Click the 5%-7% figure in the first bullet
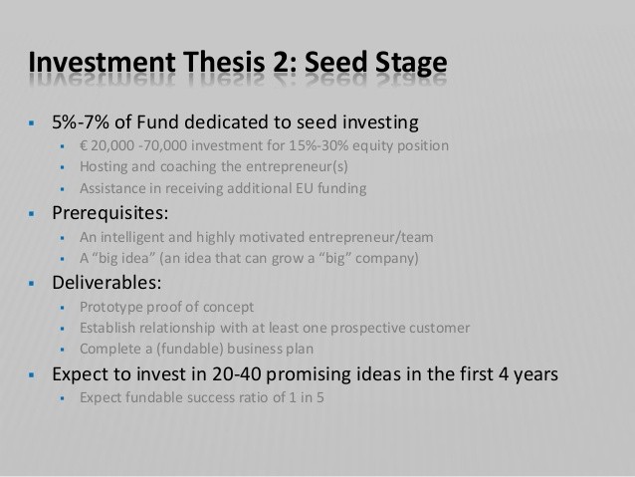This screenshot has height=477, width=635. (x=81, y=121)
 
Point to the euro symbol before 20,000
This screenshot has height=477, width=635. (x=84, y=145)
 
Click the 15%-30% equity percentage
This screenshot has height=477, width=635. (x=318, y=145)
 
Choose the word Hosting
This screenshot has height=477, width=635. (x=104, y=167)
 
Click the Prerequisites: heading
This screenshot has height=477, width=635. (x=110, y=213)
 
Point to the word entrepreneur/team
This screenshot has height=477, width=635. (x=371, y=237)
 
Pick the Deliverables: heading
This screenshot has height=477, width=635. (x=106, y=283)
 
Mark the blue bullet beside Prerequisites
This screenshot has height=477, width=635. (x=32, y=213)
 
